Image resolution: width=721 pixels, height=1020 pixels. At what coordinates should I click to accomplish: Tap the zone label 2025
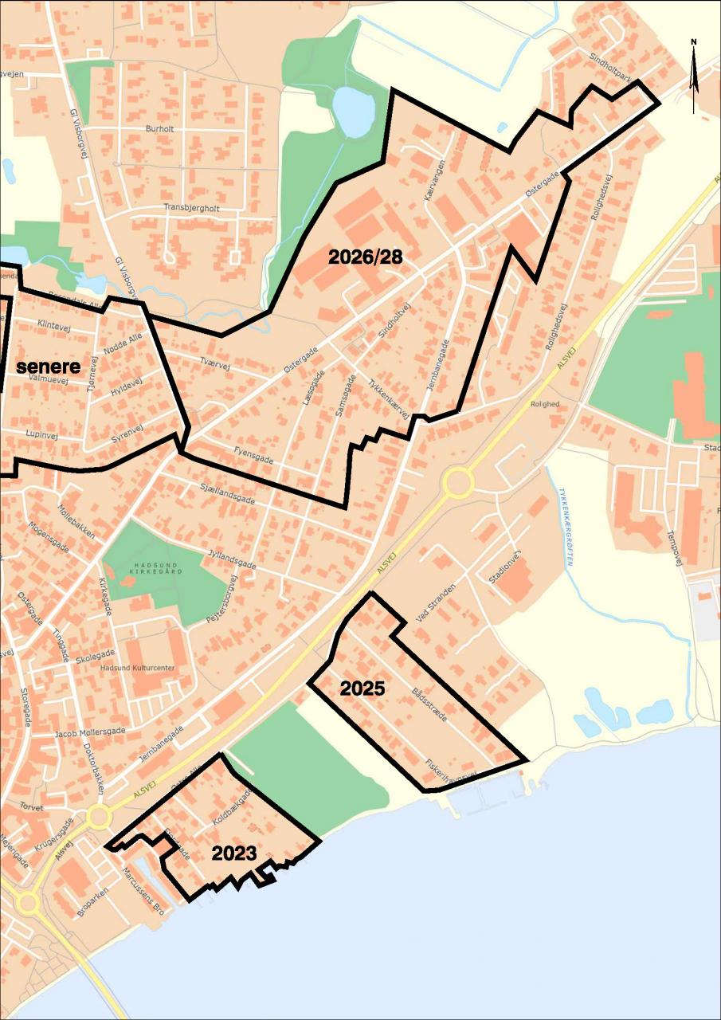click(362, 688)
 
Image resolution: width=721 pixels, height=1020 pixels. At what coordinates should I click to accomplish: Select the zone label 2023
click(233, 853)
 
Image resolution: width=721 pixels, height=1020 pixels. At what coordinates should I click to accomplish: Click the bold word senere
click(49, 367)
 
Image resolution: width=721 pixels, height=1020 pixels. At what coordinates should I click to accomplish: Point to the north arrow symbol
click(694, 76)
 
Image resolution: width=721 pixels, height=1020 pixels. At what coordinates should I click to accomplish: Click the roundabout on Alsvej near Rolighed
click(458, 481)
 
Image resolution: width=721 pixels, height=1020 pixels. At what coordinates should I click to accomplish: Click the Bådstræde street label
click(430, 704)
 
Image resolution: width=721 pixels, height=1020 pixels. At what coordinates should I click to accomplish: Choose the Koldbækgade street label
click(232, 807)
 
